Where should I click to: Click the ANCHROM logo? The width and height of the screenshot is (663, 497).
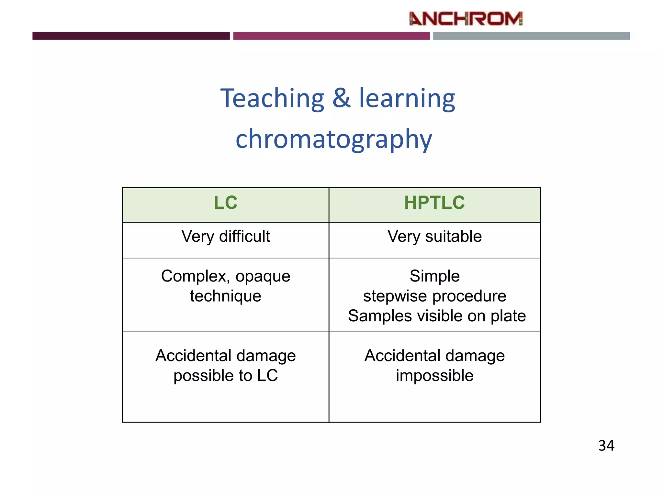pyautogui.click(x=466, y=19)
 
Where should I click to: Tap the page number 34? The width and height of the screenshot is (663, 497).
pyautogui.click(x=606, y=446)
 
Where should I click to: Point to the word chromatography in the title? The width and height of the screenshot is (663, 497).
pyautogui.click(x=334, y=139)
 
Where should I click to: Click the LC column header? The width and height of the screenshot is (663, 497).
pyautogui.click(x=226, y=203)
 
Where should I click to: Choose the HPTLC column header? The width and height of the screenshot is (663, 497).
pyautogui.click(x=434, y=203)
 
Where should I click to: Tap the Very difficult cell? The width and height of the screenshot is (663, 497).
pyautogui.click(x=226, y=236)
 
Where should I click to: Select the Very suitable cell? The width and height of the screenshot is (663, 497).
pyautogui.click(x=434, y=236)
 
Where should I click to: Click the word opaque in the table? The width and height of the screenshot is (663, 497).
pyautogui.click(x=263, y=277)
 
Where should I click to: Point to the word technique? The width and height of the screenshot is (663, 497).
pyautogui.click(x=226, y=296)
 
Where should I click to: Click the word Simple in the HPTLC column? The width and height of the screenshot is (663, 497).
pyautogui.click(x=434, y=276)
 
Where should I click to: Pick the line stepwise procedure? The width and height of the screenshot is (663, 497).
pyautogui.click(x=434, y=296)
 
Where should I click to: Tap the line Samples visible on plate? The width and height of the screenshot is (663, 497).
pyautogui.click(x=437, y=316)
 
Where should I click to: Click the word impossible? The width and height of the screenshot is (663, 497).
pyautogui.click(x=434, y=376)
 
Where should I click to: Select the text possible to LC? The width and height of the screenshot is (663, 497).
pyautogui.click(x=226, y=376)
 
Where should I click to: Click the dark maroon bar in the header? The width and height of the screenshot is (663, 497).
pyautogui.click(x=131, y=36)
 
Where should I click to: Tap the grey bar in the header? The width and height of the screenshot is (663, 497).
pyautogui.click(x=531, y=36)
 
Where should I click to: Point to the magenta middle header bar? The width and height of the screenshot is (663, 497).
pyautogui.click(x=331, y=36)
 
